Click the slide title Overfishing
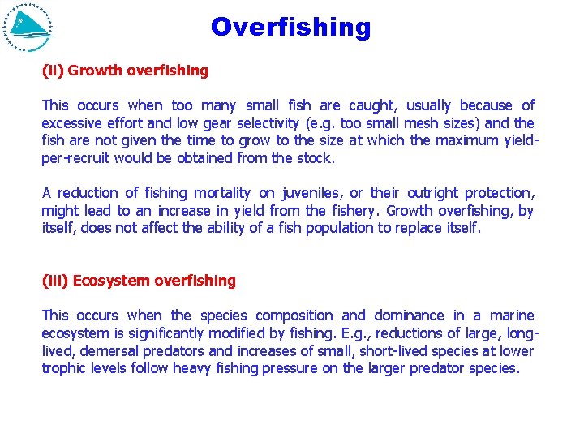[x=290, y=28]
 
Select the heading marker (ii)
[x=53, y=71]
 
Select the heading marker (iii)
[x=55, y=281]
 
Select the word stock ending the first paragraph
[x=316, y=158]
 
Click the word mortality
[x=222, y=193]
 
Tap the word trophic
[x=63, y=368]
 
